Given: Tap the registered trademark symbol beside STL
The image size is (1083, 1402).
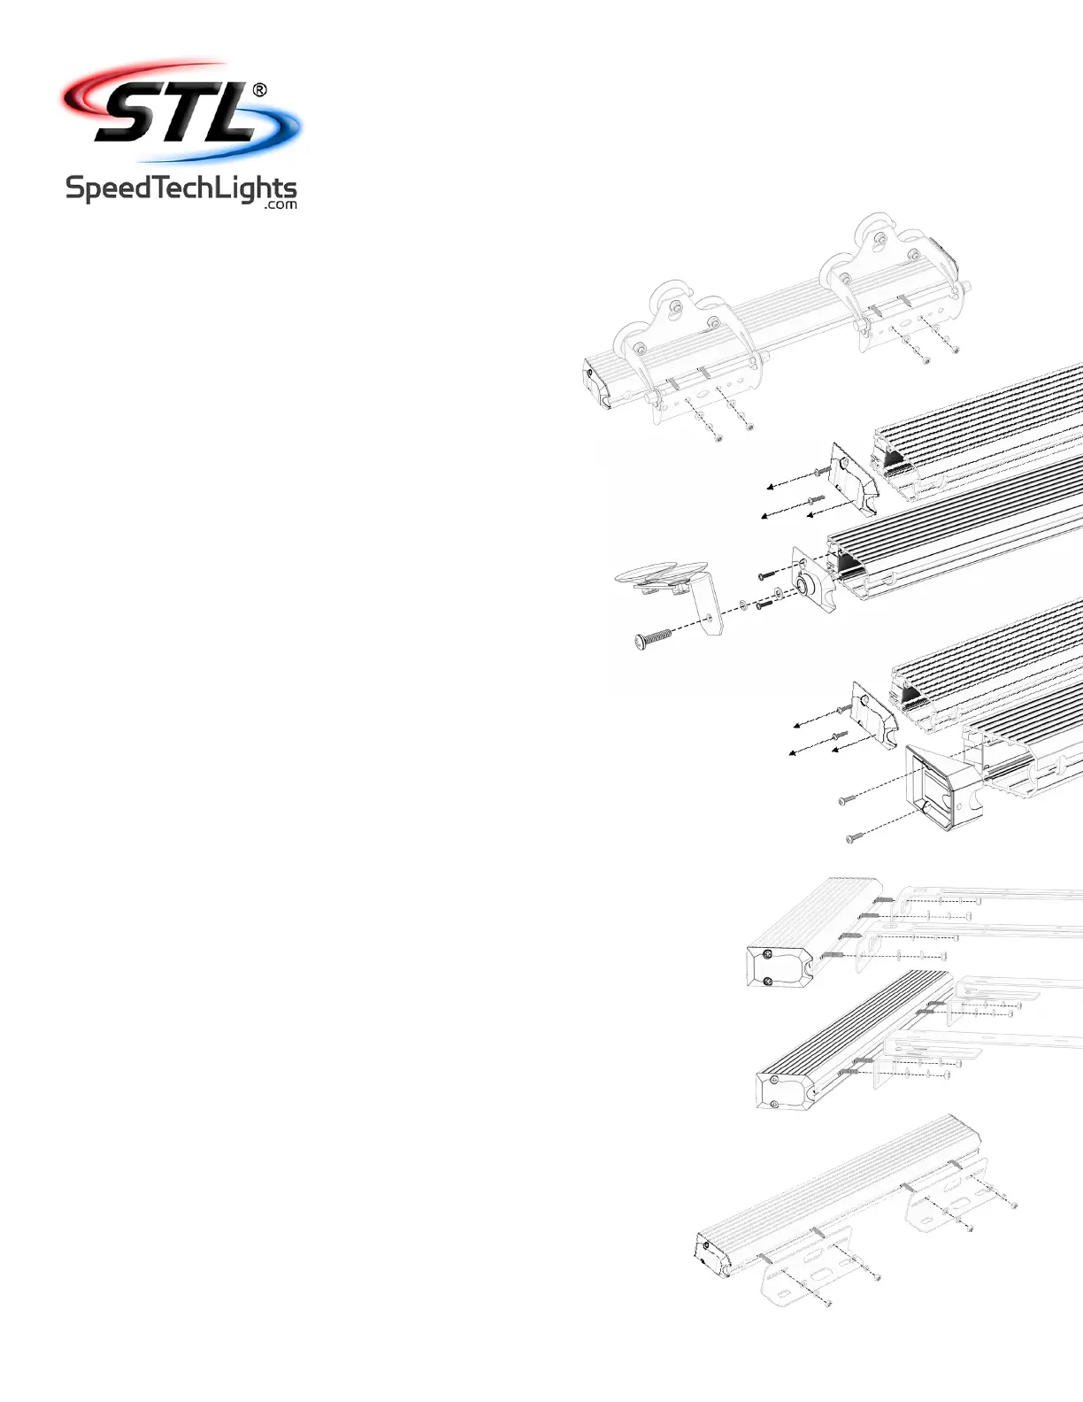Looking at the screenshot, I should point(260,89).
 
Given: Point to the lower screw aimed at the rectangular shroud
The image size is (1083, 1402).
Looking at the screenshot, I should point(854,837).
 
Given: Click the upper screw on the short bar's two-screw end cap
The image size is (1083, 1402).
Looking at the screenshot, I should point(768,954).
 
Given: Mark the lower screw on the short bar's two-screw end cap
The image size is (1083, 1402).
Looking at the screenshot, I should point(767,980).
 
